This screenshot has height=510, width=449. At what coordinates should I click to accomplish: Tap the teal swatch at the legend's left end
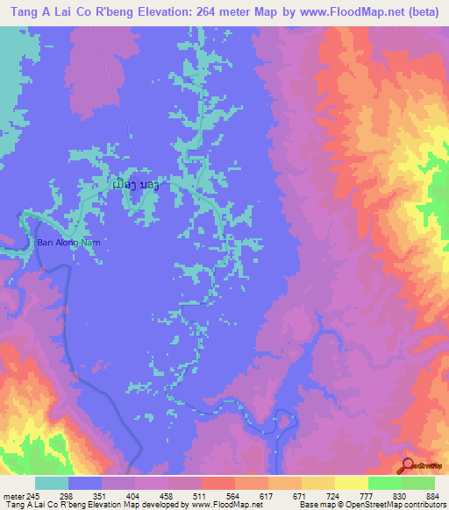(52, 483)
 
